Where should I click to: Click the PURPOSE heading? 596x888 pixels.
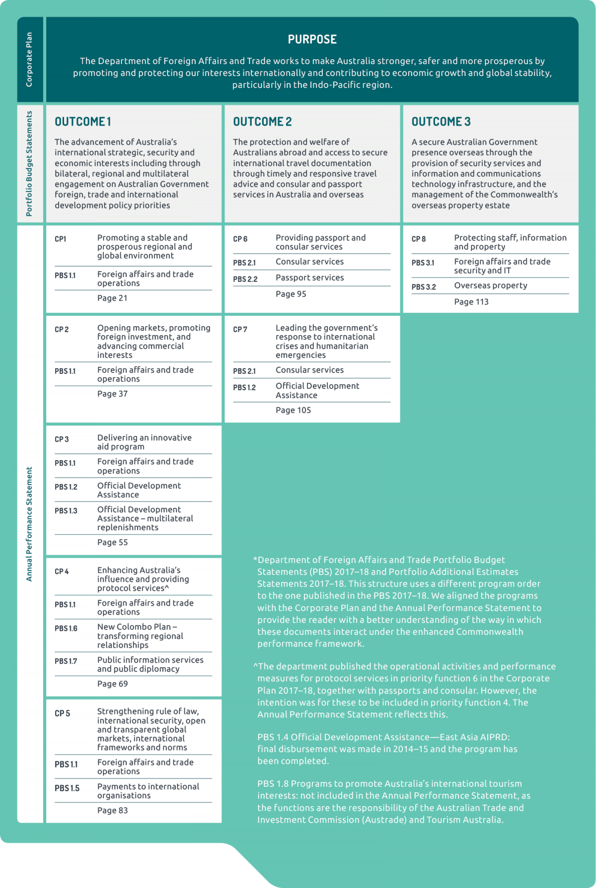[x=312, y=40]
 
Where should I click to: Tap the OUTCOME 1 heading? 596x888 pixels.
[x=83, y=122]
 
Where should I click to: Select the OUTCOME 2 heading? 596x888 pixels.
[x=262, y=122]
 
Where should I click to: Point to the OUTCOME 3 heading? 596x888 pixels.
[x=441, y=122]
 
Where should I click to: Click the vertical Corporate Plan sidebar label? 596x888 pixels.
[x=29, y=60]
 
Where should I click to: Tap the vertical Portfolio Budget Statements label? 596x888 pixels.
[x=29, y=163]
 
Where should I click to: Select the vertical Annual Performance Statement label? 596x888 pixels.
[x=29, y=524]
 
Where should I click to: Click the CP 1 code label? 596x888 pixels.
[x=61, y=239]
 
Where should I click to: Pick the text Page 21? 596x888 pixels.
[x=112, y=298]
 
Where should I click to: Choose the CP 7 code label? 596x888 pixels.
[x=240, y=329]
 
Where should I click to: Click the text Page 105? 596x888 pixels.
[x=293, y=410]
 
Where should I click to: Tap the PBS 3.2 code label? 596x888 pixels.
[x=424, y=287]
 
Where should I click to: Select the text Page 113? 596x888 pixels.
[x=471, y=302]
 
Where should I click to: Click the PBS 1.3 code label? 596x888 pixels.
[x=66, y=511]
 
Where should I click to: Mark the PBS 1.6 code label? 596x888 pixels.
[x=66, y=628]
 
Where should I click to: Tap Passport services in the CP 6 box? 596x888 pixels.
[x=309, y=277]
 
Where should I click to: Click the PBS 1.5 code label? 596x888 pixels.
[x=67, y=788]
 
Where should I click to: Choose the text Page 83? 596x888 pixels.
[x=112, y=810]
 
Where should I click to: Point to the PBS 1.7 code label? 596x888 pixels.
[x=66, y=661]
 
